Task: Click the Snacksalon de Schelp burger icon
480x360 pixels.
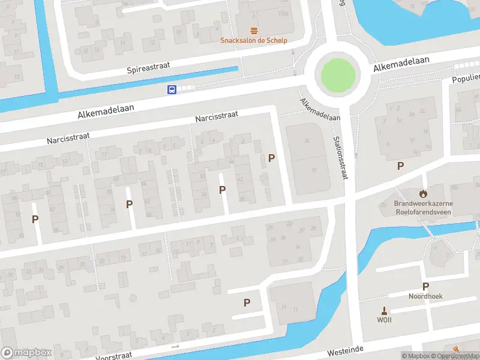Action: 254,31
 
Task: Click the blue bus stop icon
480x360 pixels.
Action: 172,90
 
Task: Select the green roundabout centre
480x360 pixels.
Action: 338,75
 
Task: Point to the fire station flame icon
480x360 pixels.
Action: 424,194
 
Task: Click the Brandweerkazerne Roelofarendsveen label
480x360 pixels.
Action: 424,207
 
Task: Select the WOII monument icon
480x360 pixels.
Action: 384,310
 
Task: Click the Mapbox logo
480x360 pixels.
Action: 26,353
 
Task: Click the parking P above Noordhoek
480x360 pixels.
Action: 425,286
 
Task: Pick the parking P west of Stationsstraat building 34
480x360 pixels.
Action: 272,158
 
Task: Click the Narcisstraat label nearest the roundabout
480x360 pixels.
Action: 217,115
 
